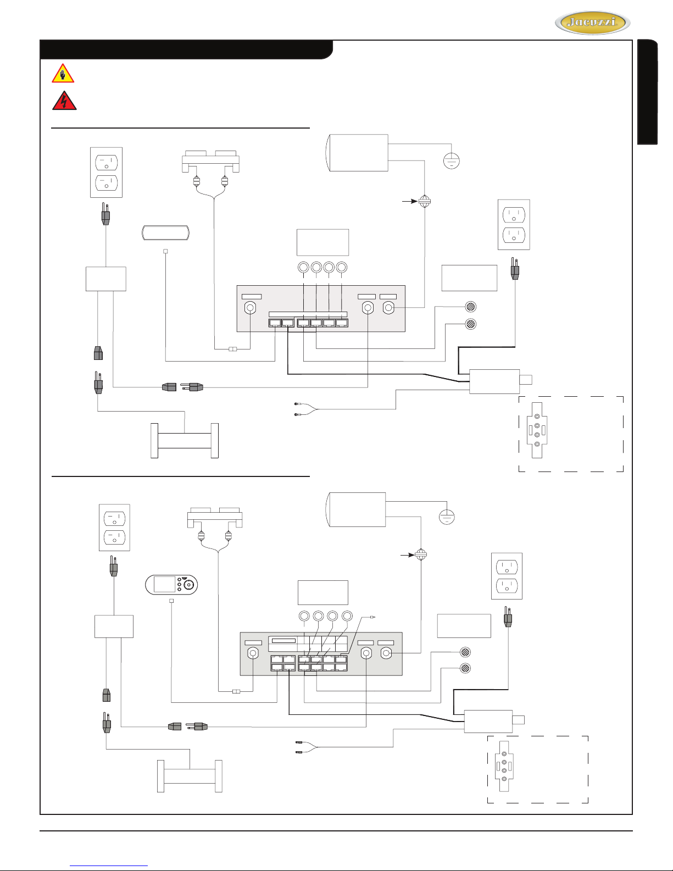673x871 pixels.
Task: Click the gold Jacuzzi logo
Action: coord(592,23)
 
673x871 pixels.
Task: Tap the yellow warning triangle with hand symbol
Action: coord(63,73)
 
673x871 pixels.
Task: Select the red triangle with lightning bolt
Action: coord(64,100)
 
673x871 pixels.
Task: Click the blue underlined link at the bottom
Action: coord(109,866)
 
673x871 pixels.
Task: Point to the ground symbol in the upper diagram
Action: coord(452,161)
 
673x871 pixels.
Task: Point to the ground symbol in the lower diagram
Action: coord(447,517)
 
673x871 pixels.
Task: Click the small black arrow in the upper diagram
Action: coord(409,201)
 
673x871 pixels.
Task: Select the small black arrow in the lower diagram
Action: coord(408,555)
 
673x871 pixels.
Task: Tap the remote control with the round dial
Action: coord(171,584)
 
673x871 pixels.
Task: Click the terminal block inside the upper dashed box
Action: coord(537,430)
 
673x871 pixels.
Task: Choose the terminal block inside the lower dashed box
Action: coord(504,766)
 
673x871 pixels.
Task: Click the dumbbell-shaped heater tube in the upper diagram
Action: coord(185,441)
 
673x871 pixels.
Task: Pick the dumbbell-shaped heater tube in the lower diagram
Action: coord(190,776)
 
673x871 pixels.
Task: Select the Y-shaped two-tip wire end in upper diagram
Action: coord(306,409)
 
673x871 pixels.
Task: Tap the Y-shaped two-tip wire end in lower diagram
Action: coord(306,747)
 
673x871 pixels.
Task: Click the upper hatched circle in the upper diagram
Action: coord(471,307)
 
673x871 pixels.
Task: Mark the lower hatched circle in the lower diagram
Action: coord(465,668)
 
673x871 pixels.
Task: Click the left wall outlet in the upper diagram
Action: coord(106,173)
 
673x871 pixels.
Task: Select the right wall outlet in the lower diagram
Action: coord(507,576)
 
